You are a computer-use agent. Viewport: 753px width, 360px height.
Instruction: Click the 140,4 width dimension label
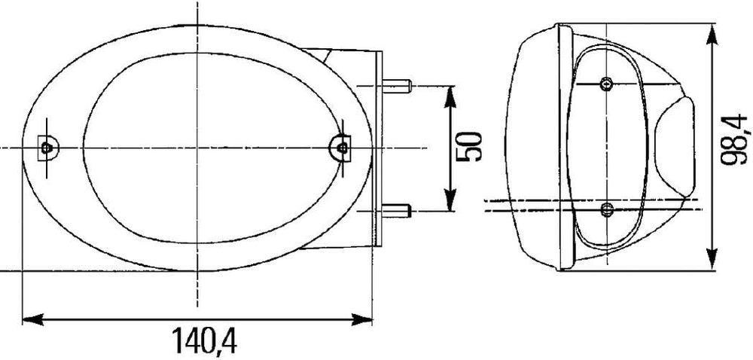[x=204, y=341]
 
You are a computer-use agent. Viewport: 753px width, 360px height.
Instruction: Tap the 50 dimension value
[x=469, y=147]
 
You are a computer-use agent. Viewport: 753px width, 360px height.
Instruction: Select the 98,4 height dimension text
[x=735, y=139]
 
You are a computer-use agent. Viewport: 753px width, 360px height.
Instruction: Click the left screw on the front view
[x=47, y=148]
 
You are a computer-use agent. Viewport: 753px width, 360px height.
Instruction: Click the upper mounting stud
[x=397, y=87]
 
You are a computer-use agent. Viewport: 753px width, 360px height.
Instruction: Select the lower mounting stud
[x=397, y=210]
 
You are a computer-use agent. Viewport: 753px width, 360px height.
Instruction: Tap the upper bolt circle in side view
[x=606, y=84]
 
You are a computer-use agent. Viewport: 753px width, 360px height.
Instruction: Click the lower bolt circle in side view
[x=608, y=209]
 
